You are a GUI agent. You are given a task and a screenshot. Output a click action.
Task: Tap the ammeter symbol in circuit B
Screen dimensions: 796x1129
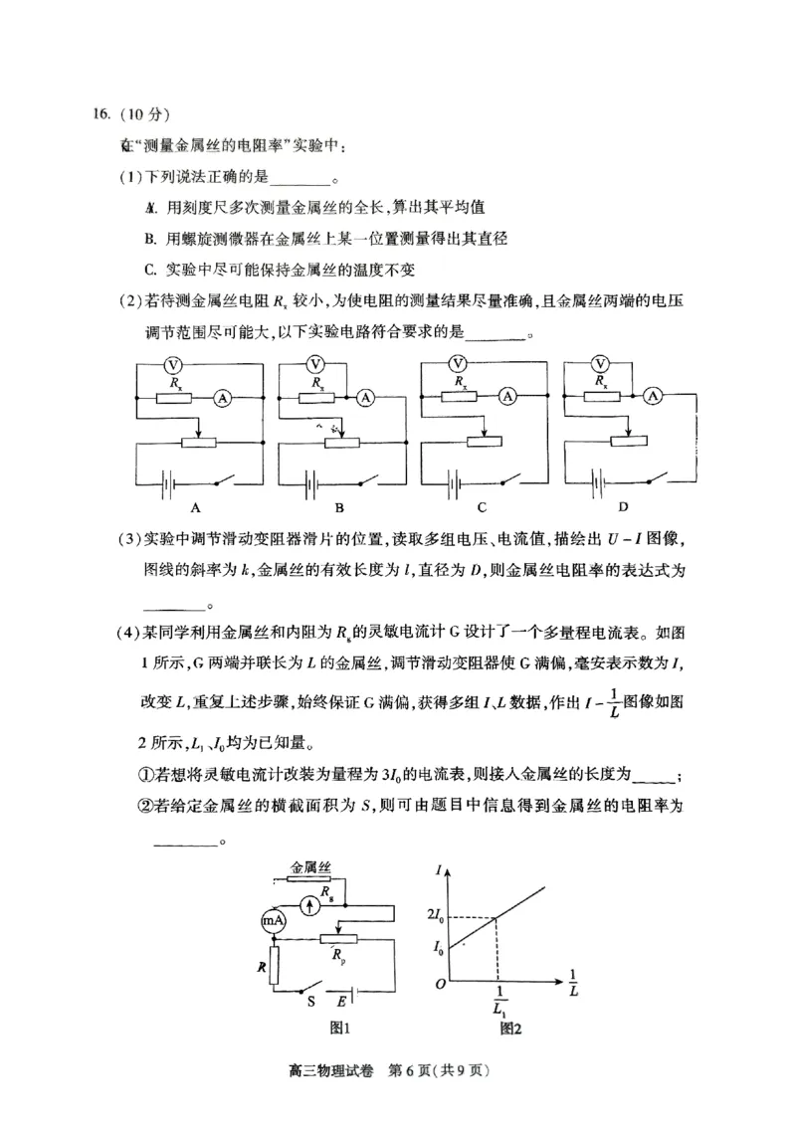pos(365,397)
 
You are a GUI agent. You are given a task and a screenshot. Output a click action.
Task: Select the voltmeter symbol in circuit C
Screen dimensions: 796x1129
pos(459,363)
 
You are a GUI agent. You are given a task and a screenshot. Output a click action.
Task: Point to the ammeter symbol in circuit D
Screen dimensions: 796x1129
pos(654,396)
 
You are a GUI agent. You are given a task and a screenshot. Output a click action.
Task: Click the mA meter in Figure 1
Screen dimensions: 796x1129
pos(274,921)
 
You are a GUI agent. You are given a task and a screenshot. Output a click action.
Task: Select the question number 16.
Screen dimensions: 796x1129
pos(93,111)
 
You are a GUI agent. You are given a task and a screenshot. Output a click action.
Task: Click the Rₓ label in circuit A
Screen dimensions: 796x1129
pos(176,381)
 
